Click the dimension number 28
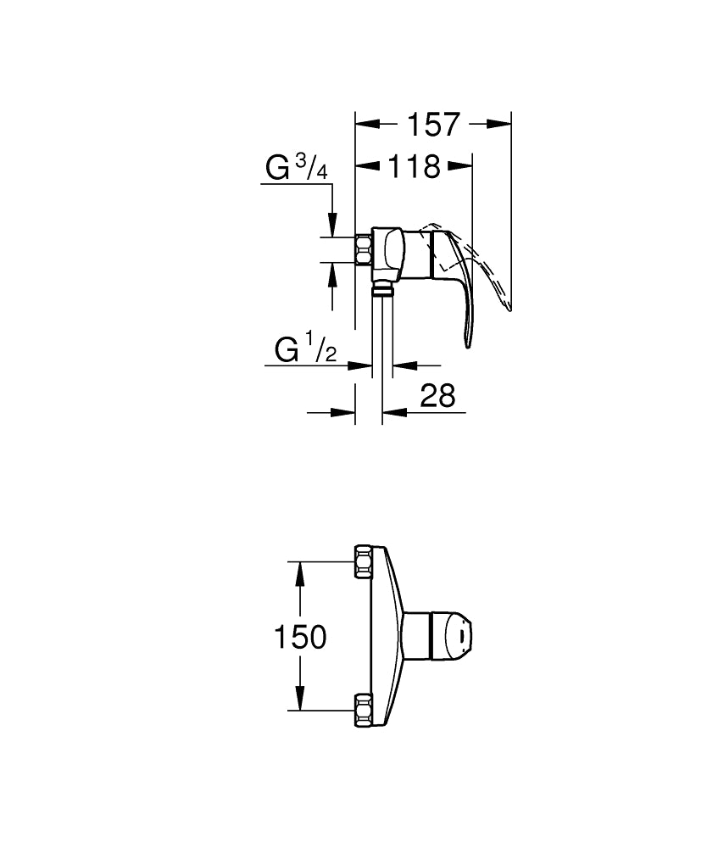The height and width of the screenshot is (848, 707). [x=437, y=395]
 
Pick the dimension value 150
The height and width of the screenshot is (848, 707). [x=300, y=636]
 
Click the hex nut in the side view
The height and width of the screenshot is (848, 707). [x=365, y=250]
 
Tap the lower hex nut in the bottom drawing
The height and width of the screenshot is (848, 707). [x=364, y=710]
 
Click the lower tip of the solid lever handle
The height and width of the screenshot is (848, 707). [x=467, y=343]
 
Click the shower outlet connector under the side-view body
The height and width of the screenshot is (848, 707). [x=382, y=291]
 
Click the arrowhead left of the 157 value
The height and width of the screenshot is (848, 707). [x=365, y=124]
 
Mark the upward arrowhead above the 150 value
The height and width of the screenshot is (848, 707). [x=298, y=572]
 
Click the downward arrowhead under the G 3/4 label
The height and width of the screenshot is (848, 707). [x=333, y=226]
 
